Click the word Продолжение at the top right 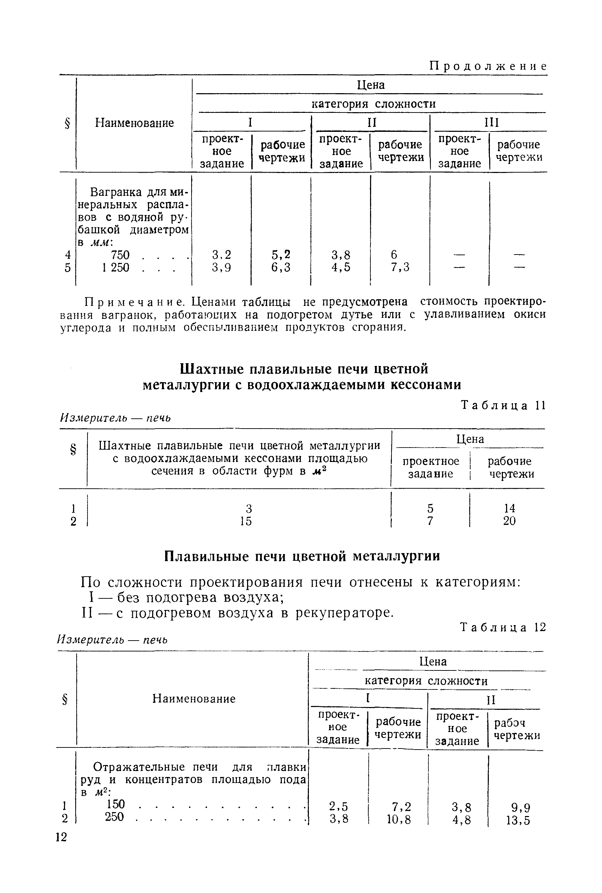click(x=487, y=66)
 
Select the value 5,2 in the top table click(x=281, y=255)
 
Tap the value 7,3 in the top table click(x=400, y=267)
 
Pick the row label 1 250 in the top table click(x=116, y=267)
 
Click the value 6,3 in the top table click(x=281, y=267)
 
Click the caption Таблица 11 click(x=503, y=406)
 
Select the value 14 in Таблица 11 click(x=509, y=508)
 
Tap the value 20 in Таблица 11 click(x=509, y=521)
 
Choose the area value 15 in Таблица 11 click(x=246, y=521)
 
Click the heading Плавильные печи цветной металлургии click(x=302, y=556)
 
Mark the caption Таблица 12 click(x=503, y=627)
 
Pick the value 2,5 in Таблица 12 click(x=339, y=807)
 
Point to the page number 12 click(x=61, y=836)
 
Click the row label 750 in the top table click(x=120, y=255)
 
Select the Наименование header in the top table click(x=134, y=123)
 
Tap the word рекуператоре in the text click(x=344, y=612)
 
